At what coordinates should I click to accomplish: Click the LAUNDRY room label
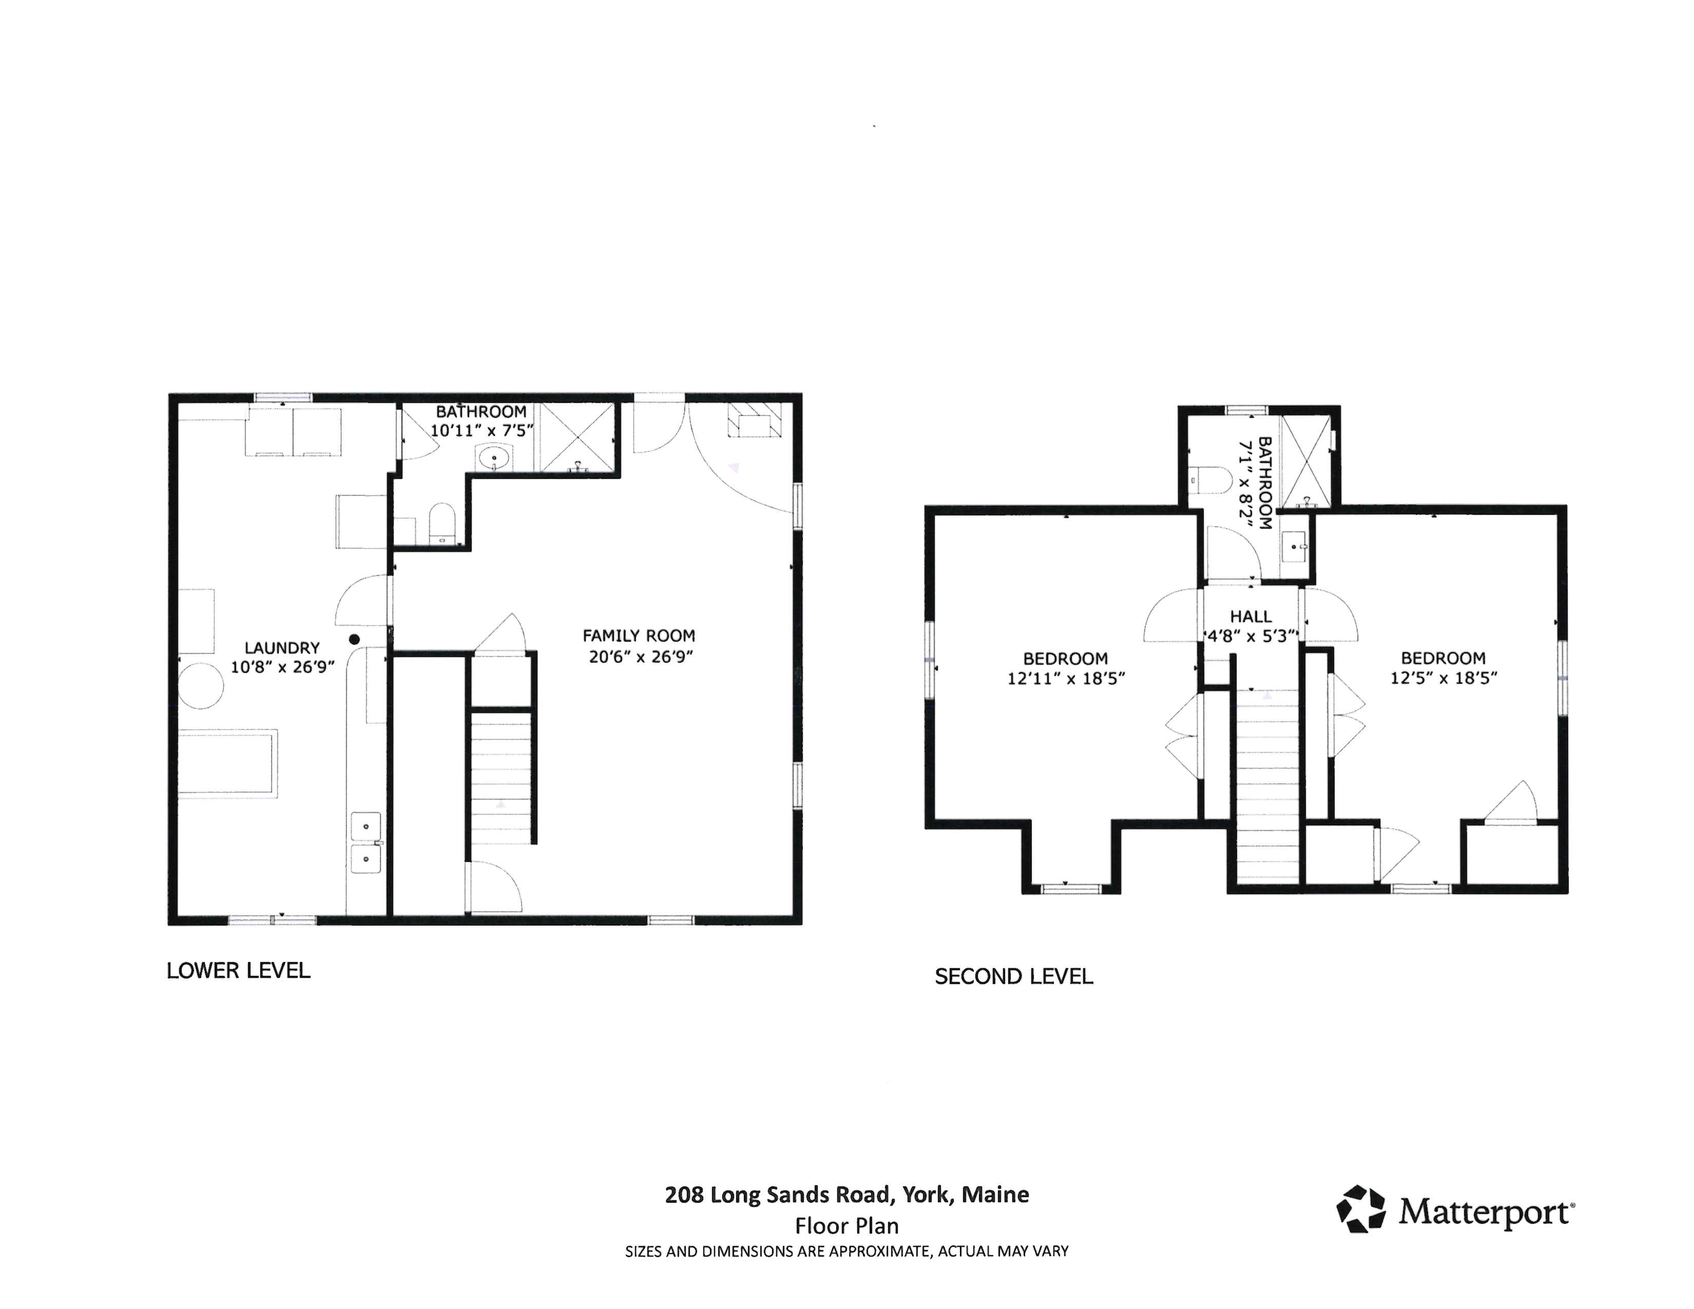[281, 647]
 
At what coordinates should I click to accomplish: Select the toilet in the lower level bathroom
[441, 524]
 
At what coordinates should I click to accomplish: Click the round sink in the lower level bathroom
[493, 459]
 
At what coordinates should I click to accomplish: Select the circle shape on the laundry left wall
[202, 685]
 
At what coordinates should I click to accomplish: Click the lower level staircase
[501, 776]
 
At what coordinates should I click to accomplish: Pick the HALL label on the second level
[1250, 617]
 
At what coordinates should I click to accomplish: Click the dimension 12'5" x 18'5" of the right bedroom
[1442, 678]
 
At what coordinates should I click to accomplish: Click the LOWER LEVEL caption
[238, 970]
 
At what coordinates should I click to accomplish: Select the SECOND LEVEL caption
[1014, 976]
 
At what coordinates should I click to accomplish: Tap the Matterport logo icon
[1360, 1208]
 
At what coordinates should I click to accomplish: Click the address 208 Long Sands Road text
[846, 1194]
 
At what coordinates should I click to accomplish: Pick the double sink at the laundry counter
[365, 843]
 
